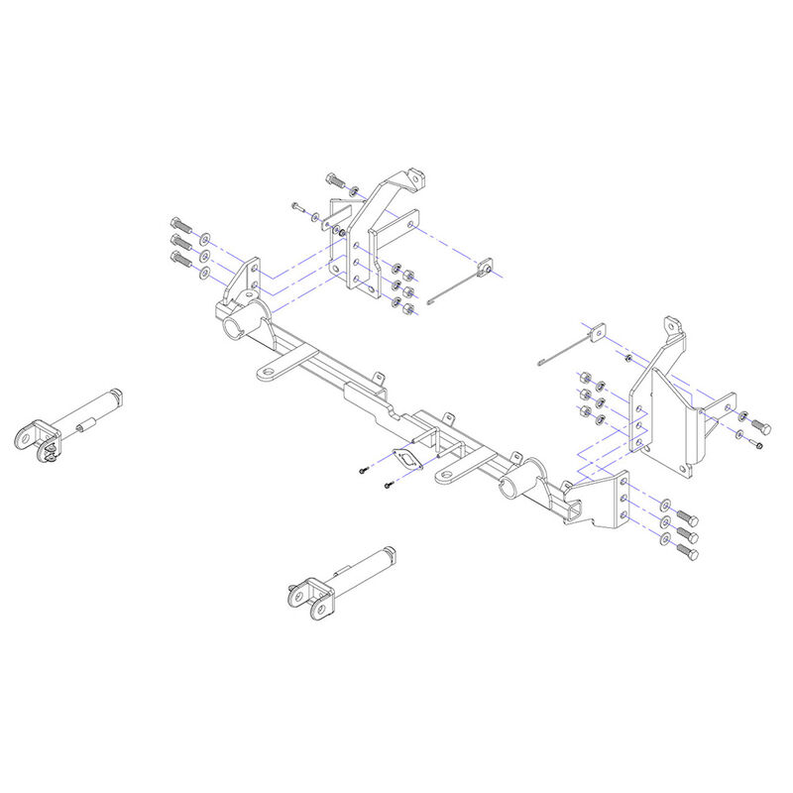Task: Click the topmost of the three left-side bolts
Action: coord(179,222)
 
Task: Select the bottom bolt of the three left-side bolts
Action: coord(179,260)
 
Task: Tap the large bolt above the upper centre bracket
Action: coord(333,182)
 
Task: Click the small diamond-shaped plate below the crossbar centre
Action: coord(406,462)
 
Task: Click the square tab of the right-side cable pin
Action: coord(596,331)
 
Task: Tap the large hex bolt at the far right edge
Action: coord(759,426)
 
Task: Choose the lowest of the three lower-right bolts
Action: coord(686,552)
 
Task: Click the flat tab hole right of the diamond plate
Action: coord(449,479)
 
